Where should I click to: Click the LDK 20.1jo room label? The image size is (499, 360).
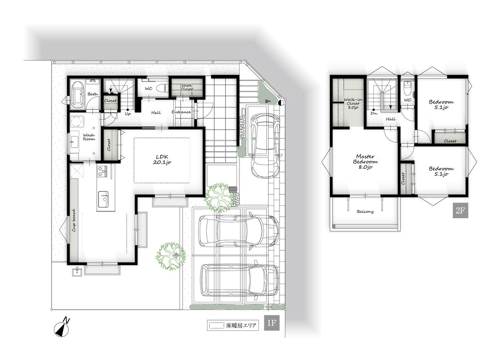(x=162, y=159)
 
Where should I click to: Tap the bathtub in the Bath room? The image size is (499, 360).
(x=77, y=94)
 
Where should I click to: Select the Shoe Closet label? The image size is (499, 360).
(x=186, y=87)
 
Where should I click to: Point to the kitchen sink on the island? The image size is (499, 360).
(x=103, y=199)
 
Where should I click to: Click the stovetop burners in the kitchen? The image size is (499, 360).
(x=103, y=171)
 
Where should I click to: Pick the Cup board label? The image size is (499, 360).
(x=74, y=220)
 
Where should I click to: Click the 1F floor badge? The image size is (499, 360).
(x=271, y=323)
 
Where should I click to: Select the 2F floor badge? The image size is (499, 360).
(x=460, y=211)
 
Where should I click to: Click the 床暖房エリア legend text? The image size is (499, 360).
(x=241, y=326)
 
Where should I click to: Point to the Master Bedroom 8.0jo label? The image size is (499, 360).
(x=365, y=162)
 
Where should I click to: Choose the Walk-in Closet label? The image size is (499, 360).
(x=353, y=103)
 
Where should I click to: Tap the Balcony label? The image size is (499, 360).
(x=365, y=211)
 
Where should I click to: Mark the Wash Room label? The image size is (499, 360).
(x=89, y=137)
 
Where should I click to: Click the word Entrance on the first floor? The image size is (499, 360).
(x=181, y=112)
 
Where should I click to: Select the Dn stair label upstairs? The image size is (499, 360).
(x=374, y=113)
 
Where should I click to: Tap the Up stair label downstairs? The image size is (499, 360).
(x=128, y=114)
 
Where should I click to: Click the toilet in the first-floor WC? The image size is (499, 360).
(x=162, y=88)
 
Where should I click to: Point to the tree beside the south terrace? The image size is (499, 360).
(x=171, y=256)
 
